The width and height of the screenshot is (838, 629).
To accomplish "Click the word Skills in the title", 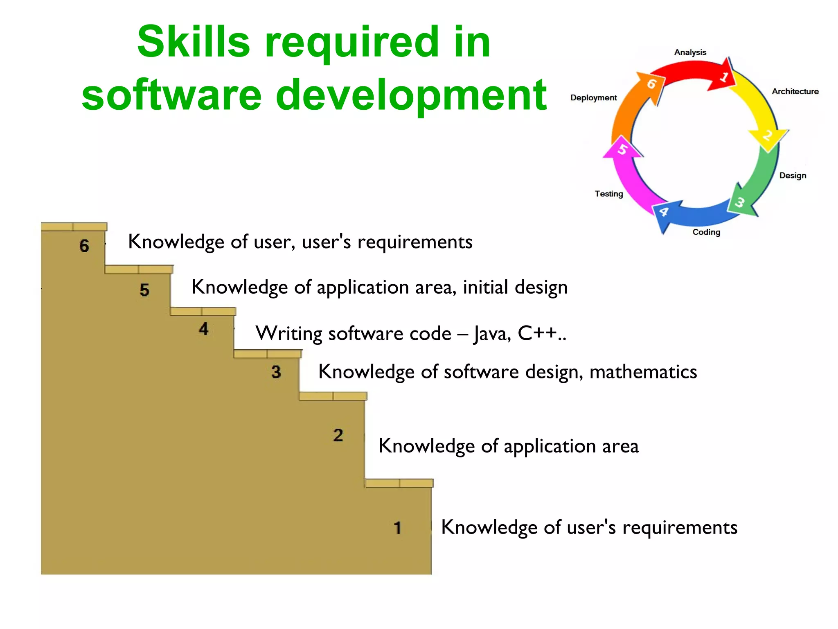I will (193, 42).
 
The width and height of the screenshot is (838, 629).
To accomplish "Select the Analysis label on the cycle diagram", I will (690, 52).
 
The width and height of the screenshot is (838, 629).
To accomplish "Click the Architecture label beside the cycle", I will (795, 91).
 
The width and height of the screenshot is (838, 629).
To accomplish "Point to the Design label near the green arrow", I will (793, 175).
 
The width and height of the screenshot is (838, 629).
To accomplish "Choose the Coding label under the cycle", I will (706, 232).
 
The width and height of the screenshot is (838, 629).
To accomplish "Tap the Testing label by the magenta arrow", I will (609, 194).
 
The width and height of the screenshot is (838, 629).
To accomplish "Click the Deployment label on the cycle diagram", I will (593, 98).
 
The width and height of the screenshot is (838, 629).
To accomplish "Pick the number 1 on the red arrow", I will (724, 77).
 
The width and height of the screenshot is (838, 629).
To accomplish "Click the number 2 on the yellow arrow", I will (767, 135).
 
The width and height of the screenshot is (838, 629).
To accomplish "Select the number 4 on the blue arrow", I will (664, 212).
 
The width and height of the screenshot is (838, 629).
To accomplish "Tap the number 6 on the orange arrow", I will (651, 84).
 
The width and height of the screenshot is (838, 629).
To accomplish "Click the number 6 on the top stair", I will (84, 246).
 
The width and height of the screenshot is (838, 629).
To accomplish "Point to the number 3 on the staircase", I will (276, 372).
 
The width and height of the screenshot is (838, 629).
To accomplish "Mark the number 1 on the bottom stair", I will (397, 528).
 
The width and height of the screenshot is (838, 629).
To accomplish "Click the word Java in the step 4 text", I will (492, 334).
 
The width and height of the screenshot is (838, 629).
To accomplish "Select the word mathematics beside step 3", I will (643, 372).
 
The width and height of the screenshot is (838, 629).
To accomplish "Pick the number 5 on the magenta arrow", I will (622, 149).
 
